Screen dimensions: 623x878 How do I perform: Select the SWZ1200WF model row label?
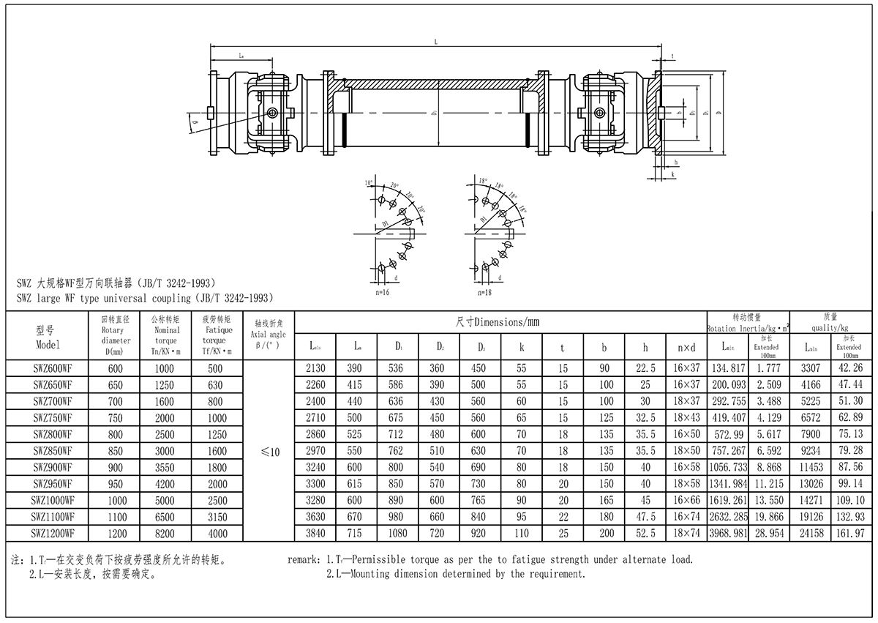(53, 534)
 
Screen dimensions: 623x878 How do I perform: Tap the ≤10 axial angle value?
(270, 452)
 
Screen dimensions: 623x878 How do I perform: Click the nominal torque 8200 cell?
(165, 534)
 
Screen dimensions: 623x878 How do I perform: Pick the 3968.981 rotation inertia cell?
(728, 534)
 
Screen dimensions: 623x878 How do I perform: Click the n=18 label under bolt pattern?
(484, 292)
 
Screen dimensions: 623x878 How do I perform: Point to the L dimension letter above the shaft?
(436, 42)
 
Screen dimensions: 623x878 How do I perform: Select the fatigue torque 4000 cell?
(217, 534)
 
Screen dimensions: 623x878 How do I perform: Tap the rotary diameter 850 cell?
(116, 451)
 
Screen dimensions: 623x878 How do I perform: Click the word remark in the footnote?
(302, 560)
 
